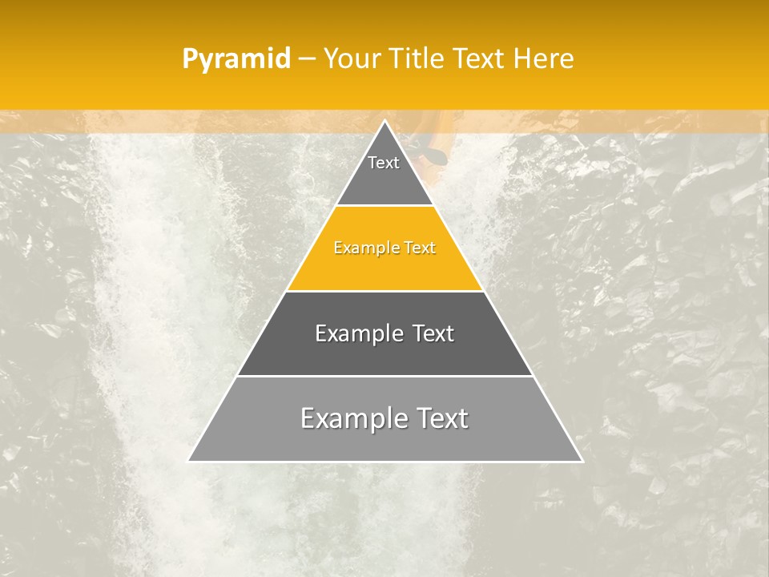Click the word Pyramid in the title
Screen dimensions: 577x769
click(236, 59)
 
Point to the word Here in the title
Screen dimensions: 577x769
click(543, 59)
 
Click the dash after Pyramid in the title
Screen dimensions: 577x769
click(307, 59)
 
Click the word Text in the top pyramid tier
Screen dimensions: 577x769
click(384, 163)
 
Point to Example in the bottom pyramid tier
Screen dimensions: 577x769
click(349, 418)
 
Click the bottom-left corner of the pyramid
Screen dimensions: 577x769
click(189, 461)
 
